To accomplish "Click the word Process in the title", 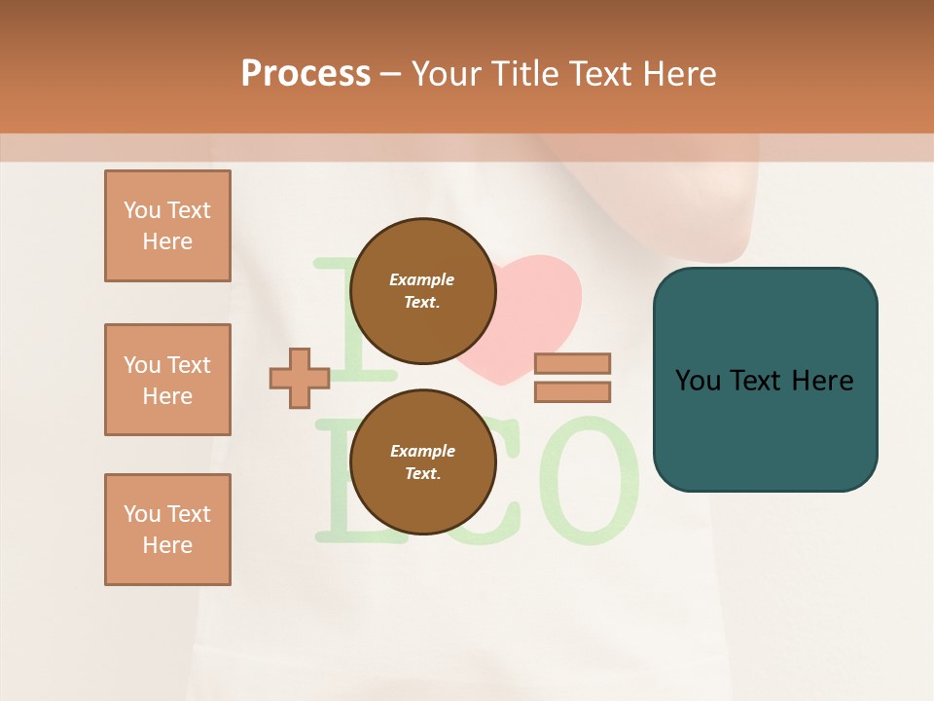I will [305, 74].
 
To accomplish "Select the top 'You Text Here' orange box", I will [167, 226].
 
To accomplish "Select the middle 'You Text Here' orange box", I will [167, 380].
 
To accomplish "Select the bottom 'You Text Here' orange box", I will [167, 530].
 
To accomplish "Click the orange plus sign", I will [300, 378].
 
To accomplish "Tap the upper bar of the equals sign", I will [572, 363].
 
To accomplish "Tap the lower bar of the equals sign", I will [572, 391].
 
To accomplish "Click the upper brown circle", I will [422, 290].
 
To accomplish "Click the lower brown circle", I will [422, 461].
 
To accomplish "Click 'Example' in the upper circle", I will [422, 279].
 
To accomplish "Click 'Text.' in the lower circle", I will [422, 473].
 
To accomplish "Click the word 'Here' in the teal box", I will [823, 381].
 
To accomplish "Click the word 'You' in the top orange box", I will [142, 210].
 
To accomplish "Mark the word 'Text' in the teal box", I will [757, 381].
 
